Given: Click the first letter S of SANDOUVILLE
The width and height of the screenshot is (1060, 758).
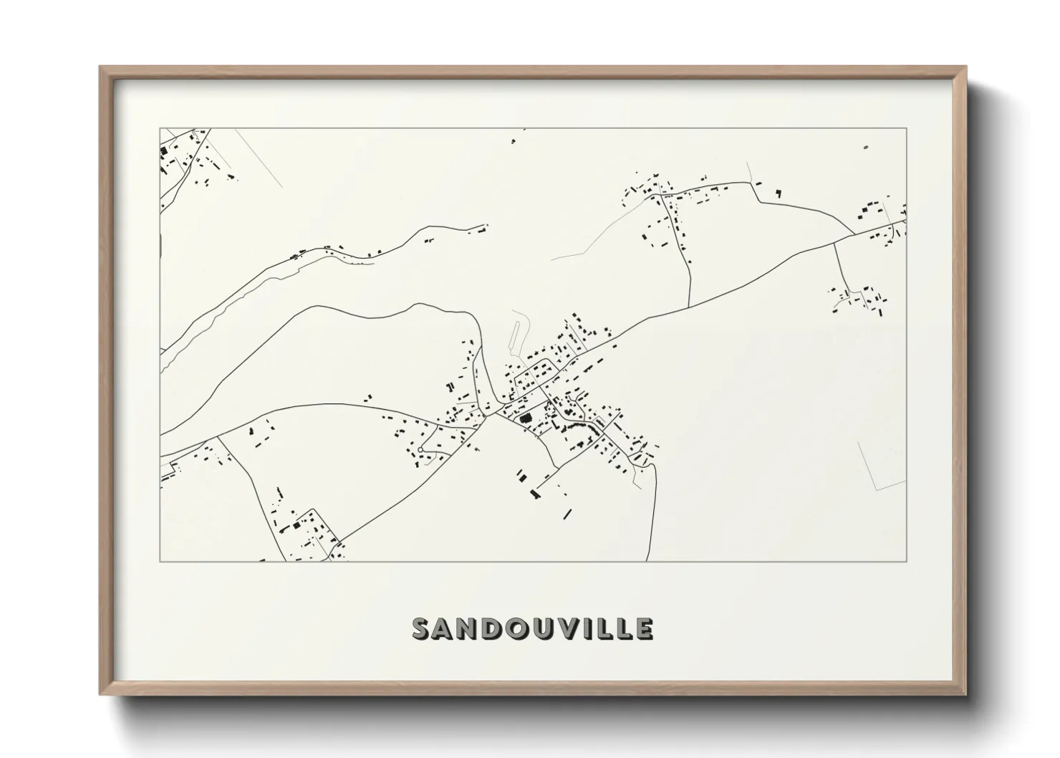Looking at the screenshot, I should tap(420, 628).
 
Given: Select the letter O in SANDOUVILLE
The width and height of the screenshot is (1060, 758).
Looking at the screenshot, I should tap(517, 628).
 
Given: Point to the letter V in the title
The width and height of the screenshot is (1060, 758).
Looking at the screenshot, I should tap(569, 628).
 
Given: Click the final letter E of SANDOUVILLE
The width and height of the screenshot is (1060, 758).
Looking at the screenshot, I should tap(644, 628).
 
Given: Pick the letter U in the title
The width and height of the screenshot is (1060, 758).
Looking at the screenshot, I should tap(543, 628).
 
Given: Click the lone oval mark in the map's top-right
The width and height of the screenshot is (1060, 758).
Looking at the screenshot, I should tap(865, 146).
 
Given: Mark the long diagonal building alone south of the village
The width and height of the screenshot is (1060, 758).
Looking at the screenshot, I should tap(567, 513).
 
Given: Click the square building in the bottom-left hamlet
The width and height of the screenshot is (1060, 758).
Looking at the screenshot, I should tap(295, 525).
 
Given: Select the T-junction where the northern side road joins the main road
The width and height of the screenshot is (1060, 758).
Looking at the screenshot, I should tap(689, 307).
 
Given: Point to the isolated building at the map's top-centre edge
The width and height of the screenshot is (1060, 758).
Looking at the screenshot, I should tap(513, 141).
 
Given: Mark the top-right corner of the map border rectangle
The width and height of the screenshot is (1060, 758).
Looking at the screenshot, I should tap(907, 128).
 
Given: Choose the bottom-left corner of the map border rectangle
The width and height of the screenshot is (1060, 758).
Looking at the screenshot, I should tap(160, 561).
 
